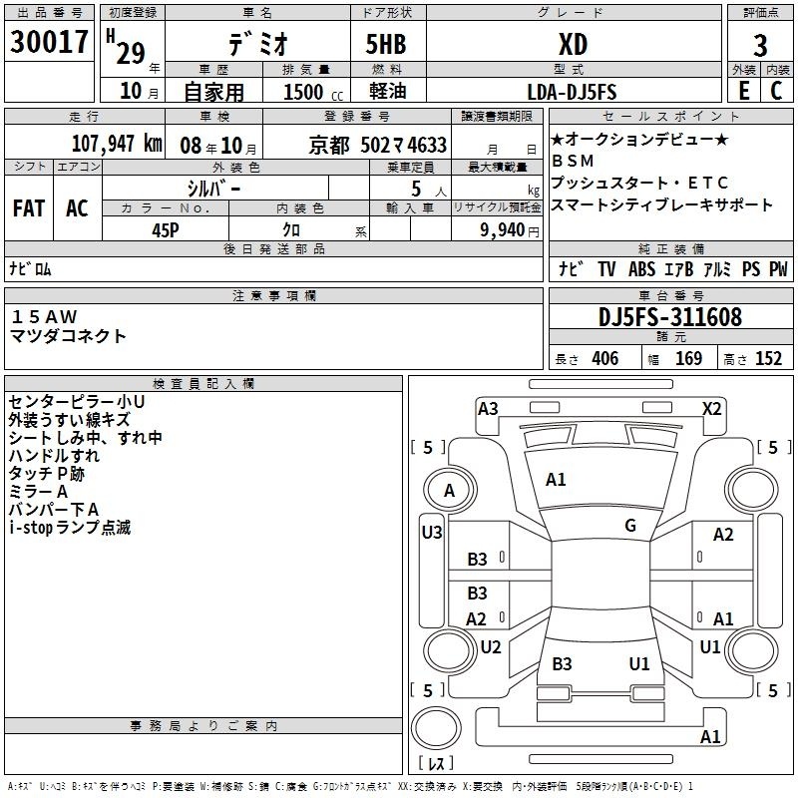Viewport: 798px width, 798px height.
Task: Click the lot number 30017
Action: pos(49,42)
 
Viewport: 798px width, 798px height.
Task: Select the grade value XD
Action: pos(573,44)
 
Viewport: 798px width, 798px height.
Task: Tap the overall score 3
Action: pos(760,45)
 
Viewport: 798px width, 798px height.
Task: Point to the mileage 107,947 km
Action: pos(117,144)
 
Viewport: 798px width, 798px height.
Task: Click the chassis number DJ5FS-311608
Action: pos(670,317)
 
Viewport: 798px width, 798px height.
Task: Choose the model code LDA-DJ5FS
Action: pos(572,92)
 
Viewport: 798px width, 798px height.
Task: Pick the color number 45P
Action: pos(166,230)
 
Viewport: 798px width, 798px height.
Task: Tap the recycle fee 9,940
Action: pos(503,230)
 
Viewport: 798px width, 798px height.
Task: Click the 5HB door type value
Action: pos(386,44)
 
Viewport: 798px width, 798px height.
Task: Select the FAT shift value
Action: pos(29,208)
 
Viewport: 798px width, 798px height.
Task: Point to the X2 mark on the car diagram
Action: pos(711,409)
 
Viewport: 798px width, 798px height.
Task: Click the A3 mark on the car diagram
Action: pos(488,409)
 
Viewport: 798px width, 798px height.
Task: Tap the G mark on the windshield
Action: pos(630,526)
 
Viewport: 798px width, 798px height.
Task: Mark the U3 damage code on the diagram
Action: pos(432,533)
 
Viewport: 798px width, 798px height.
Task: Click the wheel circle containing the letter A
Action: pos(450,491)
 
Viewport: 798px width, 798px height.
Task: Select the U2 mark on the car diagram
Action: pos(491,646)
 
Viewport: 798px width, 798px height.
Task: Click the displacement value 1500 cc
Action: pos(313,92)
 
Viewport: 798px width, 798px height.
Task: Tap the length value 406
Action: pos(604,358)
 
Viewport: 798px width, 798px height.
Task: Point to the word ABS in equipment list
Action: pos(641,269)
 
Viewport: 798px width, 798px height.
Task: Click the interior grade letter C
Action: pos(776,91)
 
